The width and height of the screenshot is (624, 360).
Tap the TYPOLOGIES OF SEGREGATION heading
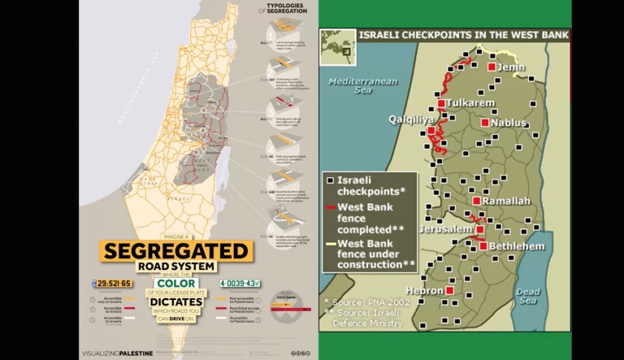click(286, 11)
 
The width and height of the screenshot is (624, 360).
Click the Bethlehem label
click(514, 246)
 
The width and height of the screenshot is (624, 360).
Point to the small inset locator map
click(336, 46)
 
